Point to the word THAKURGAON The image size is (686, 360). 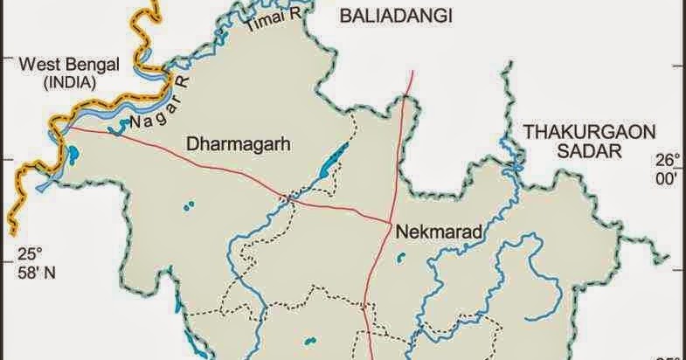pyautogui.click(x=577, y=131)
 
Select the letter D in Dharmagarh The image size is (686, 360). pyautogui.click(x=192, y=144)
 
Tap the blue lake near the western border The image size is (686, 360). pyautogui.click(x=72, y=157)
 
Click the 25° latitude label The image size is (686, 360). pyautogui.click(x=29, y=254)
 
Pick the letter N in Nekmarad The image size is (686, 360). pyautogui.click(x=401, y=233)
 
